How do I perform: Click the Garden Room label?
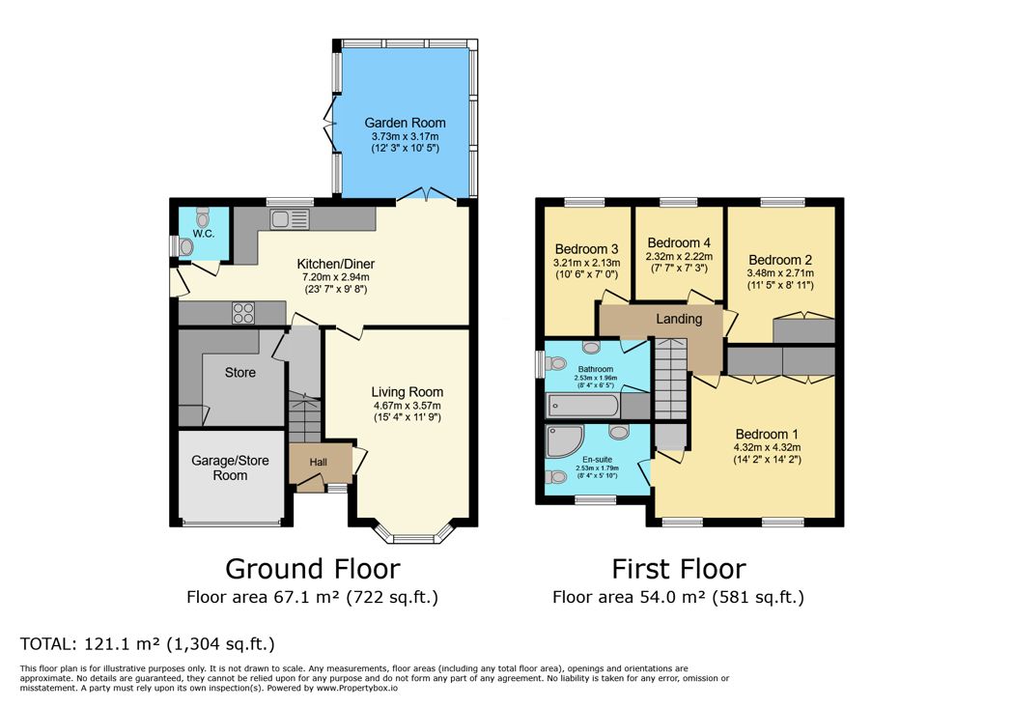point(405,123)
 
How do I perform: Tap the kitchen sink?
point(291,219)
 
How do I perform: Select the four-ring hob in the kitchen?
point(243,313)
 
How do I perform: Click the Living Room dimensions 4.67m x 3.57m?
point(407,406)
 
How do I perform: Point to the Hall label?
point(319,462)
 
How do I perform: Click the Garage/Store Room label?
point(230,467)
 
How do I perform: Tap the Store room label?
point(240,373)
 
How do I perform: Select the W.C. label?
point(204,234)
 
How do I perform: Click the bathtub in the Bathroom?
point(583,406)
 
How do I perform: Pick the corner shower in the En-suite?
point(563,440)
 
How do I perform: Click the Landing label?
point(679,319)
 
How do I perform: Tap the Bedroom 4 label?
point(679,242)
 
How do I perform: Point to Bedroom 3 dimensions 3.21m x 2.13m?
point(587,263)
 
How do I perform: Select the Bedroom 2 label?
point(780,260)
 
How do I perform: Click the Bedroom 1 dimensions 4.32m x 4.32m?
point(767,447)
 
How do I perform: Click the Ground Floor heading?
point(312,569)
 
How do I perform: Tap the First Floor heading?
point(678,569)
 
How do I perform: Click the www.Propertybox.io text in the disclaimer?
point(357,688)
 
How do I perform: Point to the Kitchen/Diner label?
point(336,264)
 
